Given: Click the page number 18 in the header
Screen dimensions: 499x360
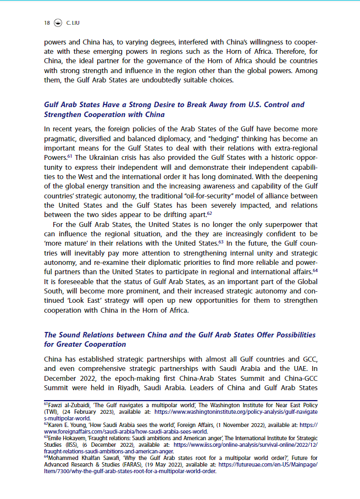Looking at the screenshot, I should [47, 23].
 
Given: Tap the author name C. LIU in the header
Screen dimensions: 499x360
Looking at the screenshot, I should [73, 23].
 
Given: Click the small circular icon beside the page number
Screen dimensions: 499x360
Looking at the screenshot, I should [58, 23].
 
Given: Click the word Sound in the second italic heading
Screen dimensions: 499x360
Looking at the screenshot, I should [70, 335].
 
